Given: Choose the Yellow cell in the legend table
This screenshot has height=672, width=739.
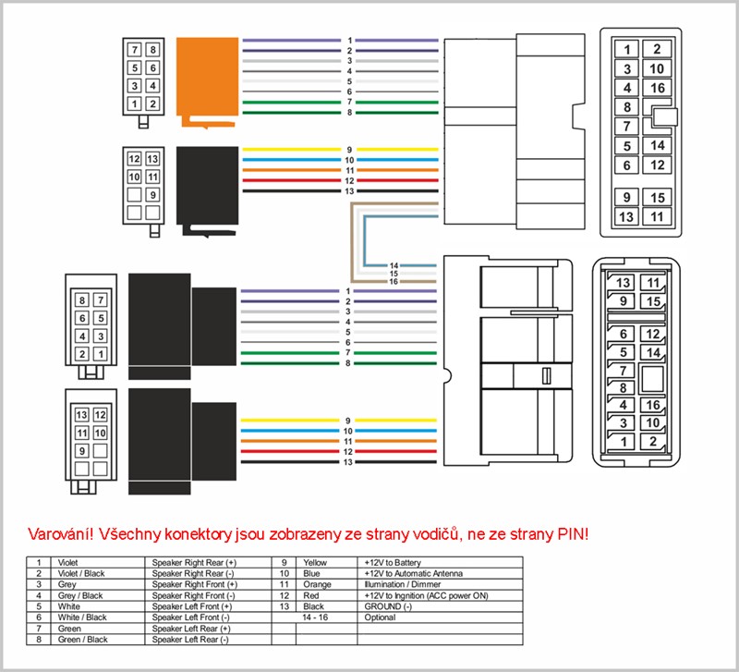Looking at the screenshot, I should [x=315, y=562].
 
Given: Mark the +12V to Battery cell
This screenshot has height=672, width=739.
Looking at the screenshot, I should [x=395, y=562].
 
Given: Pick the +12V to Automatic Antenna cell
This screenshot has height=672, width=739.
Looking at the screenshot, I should [x=412, y=572].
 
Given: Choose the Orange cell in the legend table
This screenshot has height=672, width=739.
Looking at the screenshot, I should [x=316, y=583].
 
